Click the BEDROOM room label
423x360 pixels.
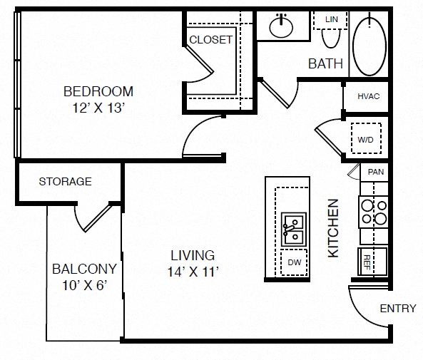[98, 91]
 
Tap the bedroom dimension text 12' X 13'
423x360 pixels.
[98, 108]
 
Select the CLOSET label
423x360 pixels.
[210, 40]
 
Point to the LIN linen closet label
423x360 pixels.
[332, 19]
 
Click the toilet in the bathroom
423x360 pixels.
[331, 38]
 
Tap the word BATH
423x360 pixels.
[325, 64]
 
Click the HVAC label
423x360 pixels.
[369, 96]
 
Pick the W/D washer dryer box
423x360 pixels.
[366, 138]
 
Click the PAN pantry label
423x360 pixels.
[376, 172]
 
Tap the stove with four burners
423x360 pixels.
[373, 212]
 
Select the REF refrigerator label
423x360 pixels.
[367, 262]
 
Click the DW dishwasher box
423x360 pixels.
[294, 262]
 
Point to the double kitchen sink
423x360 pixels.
[294, 230]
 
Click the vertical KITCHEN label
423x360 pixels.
[333, 228]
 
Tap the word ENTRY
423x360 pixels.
[398, 309]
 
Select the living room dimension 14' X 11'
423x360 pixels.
[193, 272]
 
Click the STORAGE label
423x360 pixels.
[66, 182]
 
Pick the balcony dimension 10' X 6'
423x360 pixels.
[85, 285]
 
